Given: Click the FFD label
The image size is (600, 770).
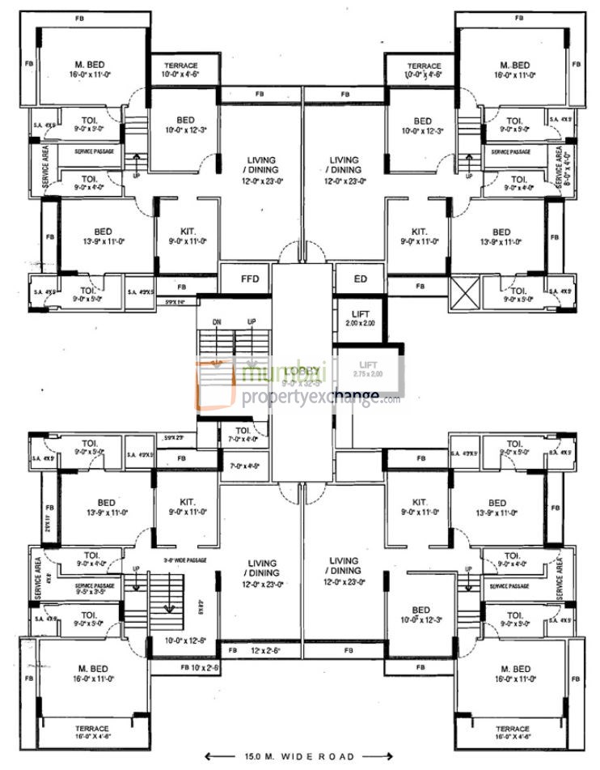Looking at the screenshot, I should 250,279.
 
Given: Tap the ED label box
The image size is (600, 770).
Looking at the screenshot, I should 361,279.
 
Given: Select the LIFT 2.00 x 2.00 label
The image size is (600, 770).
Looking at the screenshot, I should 360,318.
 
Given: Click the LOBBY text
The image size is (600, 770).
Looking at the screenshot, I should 301,372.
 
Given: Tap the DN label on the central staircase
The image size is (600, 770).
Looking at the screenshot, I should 217,321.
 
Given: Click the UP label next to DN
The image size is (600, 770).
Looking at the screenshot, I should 251,321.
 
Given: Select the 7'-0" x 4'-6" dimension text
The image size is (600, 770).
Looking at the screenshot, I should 243,466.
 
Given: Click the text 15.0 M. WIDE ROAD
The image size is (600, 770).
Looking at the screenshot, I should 299,756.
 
